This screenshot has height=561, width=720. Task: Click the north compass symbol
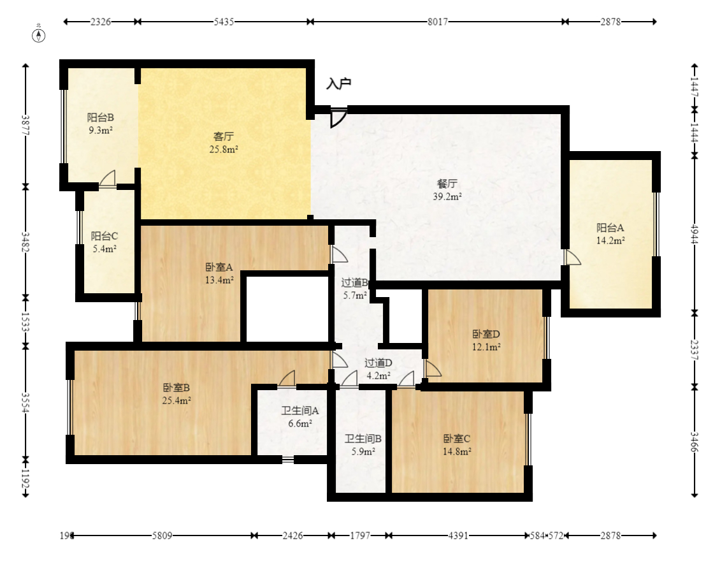click(39, 34)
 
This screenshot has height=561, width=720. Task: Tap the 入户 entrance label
click(339, 83)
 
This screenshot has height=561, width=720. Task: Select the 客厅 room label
click(224, 136)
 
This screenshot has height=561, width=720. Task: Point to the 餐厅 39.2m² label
click(447, 190)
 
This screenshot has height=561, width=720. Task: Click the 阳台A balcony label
click(610, 228)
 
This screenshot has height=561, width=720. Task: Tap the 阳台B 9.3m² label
click(101, 124)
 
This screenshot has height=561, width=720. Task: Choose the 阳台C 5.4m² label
click(104, 242)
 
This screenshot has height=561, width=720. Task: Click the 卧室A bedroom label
click(219, 267)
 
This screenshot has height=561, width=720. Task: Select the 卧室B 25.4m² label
click(176, 394)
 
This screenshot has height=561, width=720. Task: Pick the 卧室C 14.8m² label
click(457, 445)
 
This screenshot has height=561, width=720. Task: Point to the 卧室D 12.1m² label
click(486, 340)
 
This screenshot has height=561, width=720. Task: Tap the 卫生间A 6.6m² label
click(300, 417)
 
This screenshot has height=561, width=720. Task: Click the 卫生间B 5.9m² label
click(363, 445)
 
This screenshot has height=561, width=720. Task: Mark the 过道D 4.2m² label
click(378, 369)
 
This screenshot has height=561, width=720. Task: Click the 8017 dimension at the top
click(438, 22)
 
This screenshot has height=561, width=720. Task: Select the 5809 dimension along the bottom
click(162, 535)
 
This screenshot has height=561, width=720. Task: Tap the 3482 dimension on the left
click(25, 242)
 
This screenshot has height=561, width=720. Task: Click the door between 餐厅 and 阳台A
click(572, 258)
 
